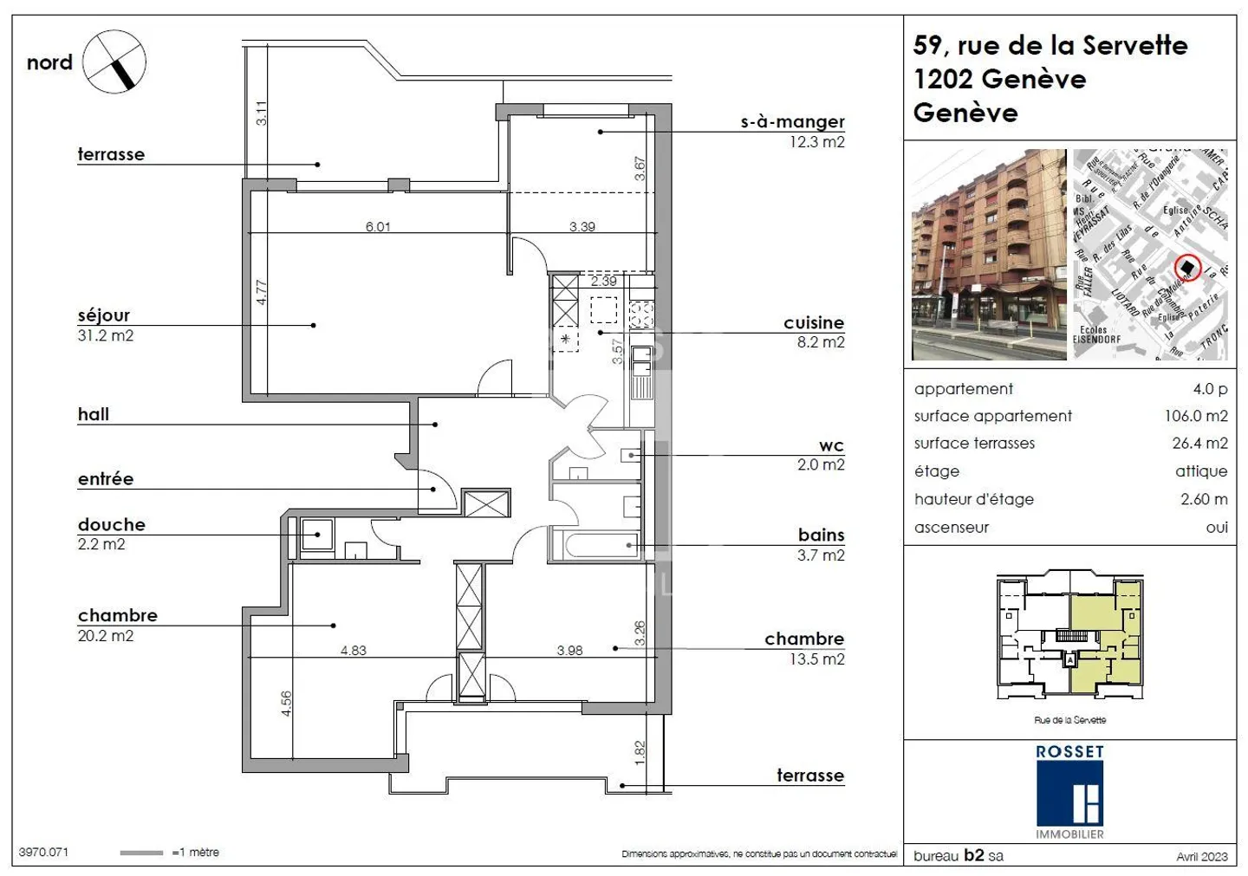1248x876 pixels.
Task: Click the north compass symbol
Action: coord(115,62)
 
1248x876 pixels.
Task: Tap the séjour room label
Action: coord(104,315)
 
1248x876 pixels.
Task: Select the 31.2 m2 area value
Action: coord(106,336)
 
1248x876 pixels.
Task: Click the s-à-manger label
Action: coord(792,122)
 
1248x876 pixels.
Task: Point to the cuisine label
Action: coord(813,322)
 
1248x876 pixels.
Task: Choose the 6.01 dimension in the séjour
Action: coord(378,227)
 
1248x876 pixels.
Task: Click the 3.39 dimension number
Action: coord(582,227)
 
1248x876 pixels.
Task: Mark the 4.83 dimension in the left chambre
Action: coord(353,650)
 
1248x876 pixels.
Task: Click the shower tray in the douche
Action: coord(317,535)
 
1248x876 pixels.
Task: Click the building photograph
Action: coord(989,255)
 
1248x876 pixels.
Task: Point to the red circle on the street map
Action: coord(1188,268)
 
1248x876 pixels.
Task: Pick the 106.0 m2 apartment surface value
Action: coord(1195,416)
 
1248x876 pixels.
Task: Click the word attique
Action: coord(1201,471)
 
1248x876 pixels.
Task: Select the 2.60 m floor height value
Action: coord(1204,499)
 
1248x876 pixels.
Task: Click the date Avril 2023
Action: coord(1201,856)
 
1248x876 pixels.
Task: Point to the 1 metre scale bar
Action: coord(141,853)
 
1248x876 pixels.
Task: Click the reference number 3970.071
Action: coord(43,853)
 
